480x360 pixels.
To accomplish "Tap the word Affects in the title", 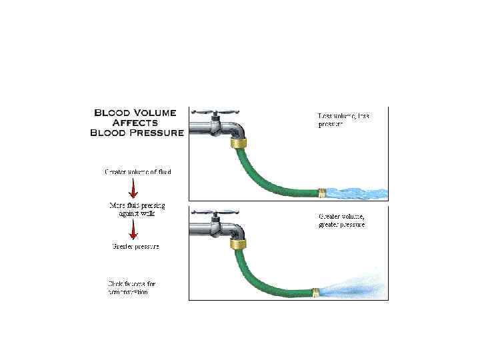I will [x=136, y=123].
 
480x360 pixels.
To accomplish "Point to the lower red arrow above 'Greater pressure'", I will [x=133, y=230].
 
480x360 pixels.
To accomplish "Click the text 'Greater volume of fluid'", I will [x=137, y=172].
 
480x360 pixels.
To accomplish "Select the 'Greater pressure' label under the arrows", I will [x=135, y=247].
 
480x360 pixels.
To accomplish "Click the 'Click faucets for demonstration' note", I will [x=133, y=287].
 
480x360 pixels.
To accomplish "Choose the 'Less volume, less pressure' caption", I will [x=343, y=120].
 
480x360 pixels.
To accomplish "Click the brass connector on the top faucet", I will [x=237, y=142].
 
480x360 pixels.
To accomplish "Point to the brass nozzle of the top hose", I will [x=322, y=193].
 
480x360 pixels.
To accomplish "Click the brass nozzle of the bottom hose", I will [x=317, y=291].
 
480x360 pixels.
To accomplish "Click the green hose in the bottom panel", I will [x=267, y=284].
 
